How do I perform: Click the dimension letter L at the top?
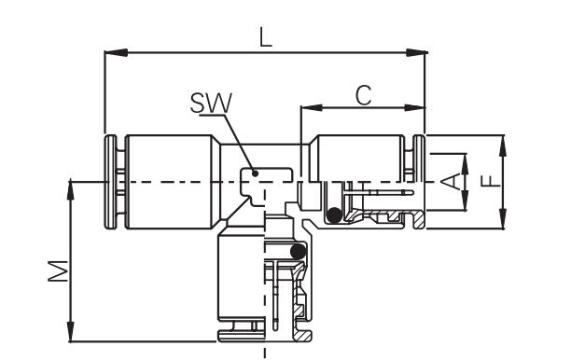point(266,38)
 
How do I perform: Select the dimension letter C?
point(364,95)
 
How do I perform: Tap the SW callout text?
point(211,103)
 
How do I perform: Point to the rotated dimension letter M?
point(58,270)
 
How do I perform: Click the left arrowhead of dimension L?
point(116,53)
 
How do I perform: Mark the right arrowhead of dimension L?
point(417,53)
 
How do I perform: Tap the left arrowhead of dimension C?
point(312,108)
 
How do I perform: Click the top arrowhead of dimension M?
point(71,190)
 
